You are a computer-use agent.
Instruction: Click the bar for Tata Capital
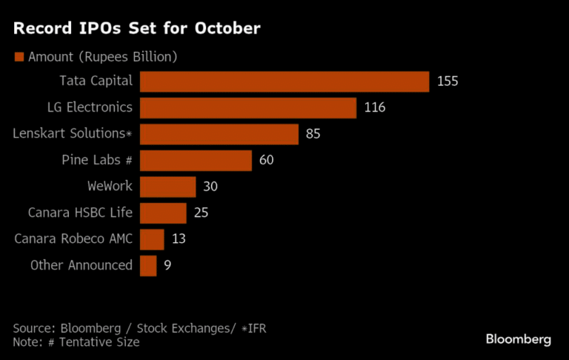click(284, 81)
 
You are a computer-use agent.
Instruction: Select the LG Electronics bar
click(248, 108)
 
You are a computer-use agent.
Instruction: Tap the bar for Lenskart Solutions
click(219, 134)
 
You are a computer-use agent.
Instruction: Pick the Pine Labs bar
click(196, 161)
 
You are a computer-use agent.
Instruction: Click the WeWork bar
click(167, 187)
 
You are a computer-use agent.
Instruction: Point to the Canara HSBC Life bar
click(163, 213)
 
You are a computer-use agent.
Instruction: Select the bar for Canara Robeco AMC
click(152, 239)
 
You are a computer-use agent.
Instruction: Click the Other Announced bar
click(148, 265)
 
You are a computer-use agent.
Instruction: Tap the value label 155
click(447, 81)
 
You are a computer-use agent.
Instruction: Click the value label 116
click(375, 108)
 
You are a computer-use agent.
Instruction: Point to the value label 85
click(313, 134)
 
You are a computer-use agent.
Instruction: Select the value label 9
click(168, 265)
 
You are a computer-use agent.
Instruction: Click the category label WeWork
click(110, 186)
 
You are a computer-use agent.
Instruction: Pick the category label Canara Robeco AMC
click(73, 239)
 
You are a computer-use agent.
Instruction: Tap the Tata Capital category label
click(96, 81)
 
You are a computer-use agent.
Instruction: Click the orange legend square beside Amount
click(19, 57)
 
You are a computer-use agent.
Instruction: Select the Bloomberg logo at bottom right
click(518, 339)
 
